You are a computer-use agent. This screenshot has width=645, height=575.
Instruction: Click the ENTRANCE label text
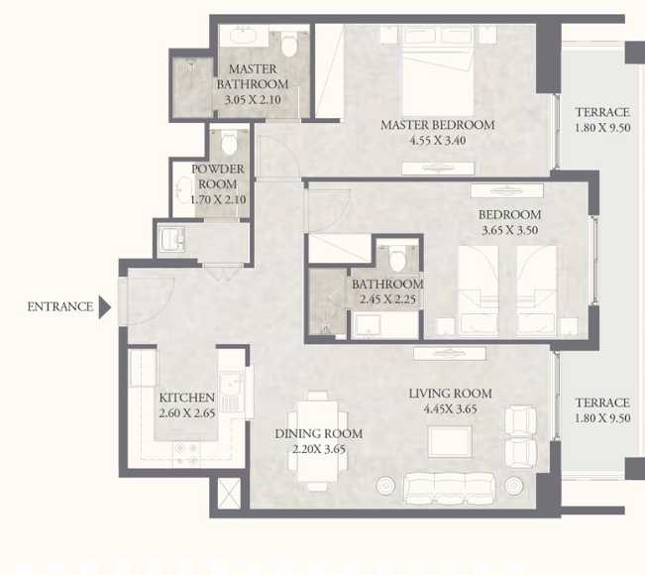click(x=59, y=307)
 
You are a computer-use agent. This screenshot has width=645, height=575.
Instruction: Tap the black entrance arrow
click(x=105, y=307)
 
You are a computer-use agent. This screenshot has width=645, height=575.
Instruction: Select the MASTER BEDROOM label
click(x=437, y=125)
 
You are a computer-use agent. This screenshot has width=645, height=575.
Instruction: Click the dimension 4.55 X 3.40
click(x=437, y=141)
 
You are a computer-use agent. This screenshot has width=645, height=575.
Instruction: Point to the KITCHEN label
click(x=186, y=398)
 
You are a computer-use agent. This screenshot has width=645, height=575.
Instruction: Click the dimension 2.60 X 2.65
click(x=186, y=412)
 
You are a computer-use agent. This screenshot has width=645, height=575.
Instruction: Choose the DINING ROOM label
click(x=318, y=433)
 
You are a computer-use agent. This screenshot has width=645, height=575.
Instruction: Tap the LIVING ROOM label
click(x=450, y=394)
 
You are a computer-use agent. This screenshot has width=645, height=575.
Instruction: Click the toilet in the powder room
click(x=230, y=145)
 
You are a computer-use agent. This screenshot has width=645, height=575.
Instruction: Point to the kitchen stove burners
click(x=185, y=454)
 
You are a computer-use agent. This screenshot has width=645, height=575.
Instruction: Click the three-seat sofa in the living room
click(x=449, y=487)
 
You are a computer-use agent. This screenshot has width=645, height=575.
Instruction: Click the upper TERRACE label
click(x=602, y=113)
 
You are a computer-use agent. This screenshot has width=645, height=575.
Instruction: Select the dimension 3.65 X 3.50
click(x=509, y=230)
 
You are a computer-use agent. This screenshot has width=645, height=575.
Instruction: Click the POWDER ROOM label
click(x=217, y=176)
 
